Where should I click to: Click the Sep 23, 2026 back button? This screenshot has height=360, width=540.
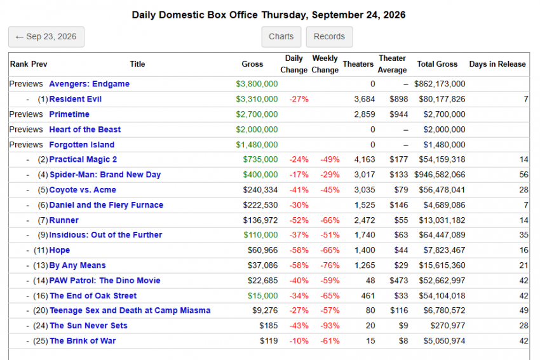point(46,36)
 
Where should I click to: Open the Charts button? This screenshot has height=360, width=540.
point(281,36)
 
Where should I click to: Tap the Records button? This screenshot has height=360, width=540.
point(329,36)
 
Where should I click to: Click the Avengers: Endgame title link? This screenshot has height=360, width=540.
point(89,84)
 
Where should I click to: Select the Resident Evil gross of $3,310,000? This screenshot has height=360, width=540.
point(257,99)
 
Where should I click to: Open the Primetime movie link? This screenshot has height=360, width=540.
point(69,114)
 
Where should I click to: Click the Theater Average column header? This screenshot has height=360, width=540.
point(392,64)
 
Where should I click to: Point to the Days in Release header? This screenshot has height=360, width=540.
point(497,64)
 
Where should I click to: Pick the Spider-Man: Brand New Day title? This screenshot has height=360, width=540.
point(105,175)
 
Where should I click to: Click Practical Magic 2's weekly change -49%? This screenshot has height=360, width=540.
point(330,159)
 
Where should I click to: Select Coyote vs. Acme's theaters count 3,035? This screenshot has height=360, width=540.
point(365,190)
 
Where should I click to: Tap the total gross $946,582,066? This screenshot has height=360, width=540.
point(440,175)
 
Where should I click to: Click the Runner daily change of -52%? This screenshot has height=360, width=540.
point(299,220)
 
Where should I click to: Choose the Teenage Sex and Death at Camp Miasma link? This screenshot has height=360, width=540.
point(130,310)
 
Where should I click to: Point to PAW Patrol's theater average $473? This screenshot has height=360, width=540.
point(398,281)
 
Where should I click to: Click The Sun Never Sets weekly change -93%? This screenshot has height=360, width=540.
point(330,326)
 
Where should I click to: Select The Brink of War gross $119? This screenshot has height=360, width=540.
point(269,341)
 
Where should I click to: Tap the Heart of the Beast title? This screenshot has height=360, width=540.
point(84,130)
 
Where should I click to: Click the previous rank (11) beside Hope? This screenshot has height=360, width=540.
point(41,250)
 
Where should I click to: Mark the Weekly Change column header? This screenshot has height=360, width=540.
point(325,64)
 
